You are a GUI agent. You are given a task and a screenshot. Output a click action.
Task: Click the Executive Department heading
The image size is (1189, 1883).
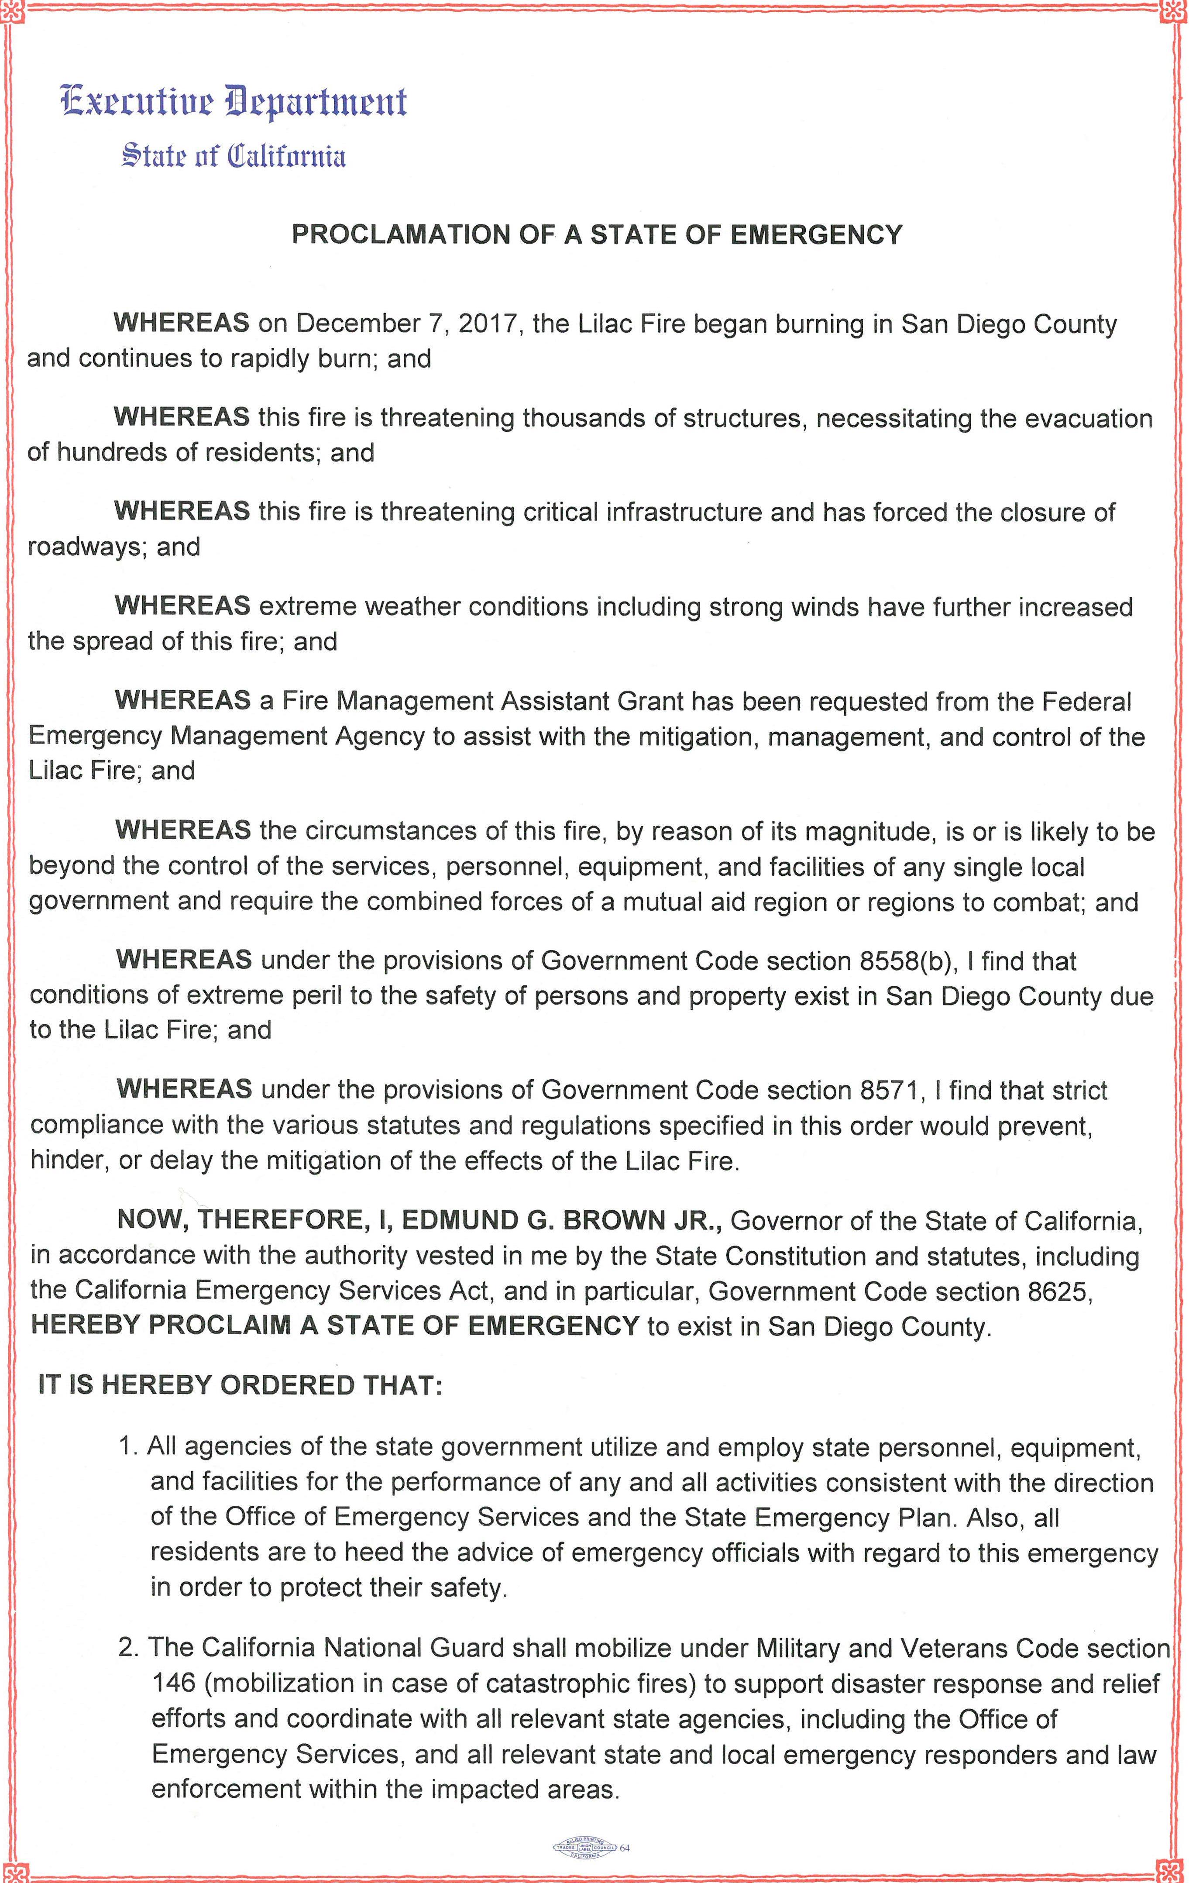[233, 103]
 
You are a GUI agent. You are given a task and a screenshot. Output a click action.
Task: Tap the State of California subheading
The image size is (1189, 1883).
[233, 156]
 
